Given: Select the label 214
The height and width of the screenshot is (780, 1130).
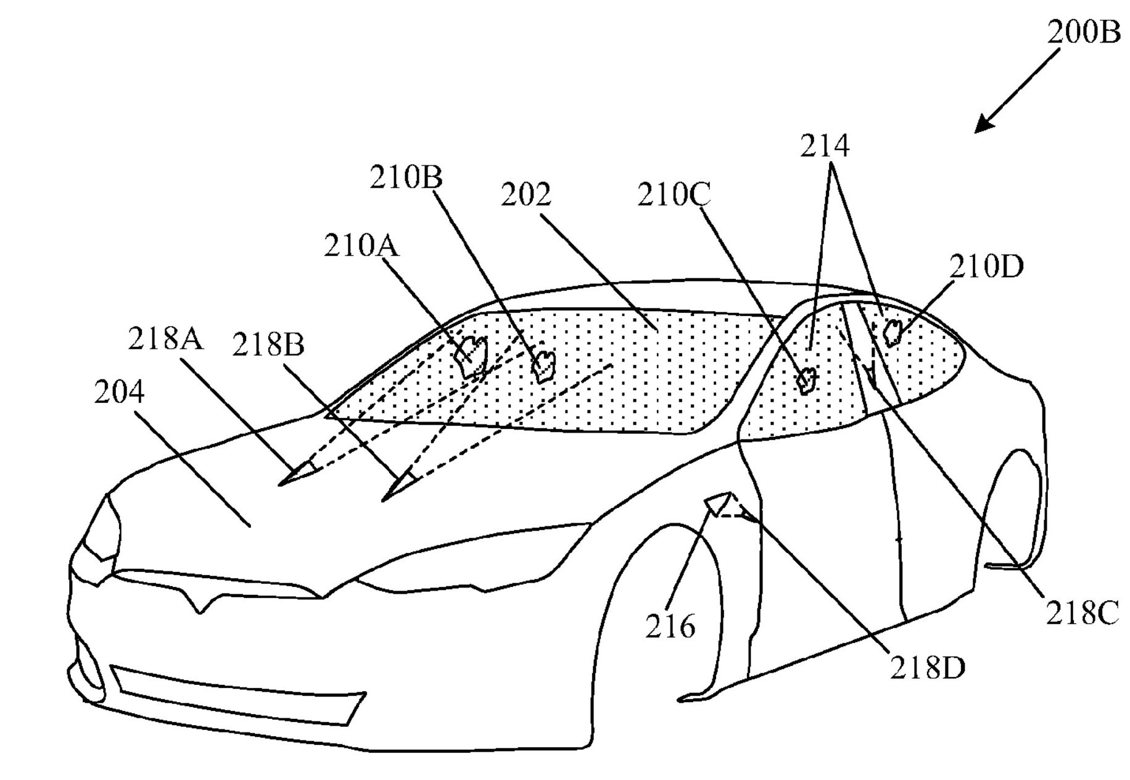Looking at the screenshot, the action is (x=825, y=146).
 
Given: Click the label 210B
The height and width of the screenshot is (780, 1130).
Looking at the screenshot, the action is (x=406, y=178).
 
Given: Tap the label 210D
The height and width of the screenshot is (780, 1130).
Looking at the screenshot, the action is (x=986, y=267).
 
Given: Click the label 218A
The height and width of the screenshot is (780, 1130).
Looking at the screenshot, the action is (x=165, y=339).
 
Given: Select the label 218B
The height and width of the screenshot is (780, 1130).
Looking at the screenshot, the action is (x=268, y=346).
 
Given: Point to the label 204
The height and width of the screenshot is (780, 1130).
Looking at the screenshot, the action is (x=119, y=392).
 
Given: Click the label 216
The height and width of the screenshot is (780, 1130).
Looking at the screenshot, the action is (x=670, y=627).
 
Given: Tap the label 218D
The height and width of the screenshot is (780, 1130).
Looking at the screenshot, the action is (x=927, y=667).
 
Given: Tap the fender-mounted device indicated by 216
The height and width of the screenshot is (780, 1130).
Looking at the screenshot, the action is (x=717, y=503).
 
